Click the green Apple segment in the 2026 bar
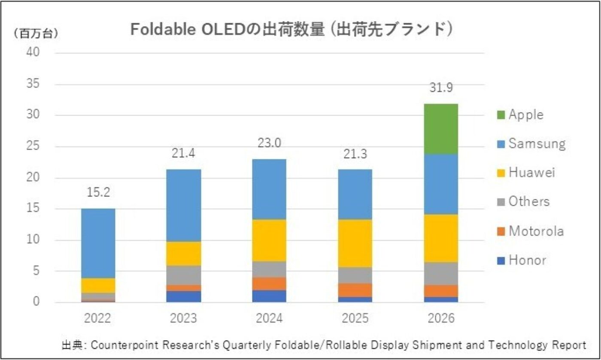click(x=441, y=129)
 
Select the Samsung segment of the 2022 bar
click(x=98, y=243)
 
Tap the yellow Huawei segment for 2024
click(x=269, y=240)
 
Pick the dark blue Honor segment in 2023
click(x=184, y=296)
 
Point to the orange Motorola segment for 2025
click(x=355, y=290)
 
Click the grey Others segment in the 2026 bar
click(x=441, y=273)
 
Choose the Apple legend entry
click(x=525, y=115)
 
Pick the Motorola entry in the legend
click(x=536, y=232)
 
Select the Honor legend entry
click(x=527, y=260)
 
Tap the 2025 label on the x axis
click(x=355, y=319)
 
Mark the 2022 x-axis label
click(x=98, y=319)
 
